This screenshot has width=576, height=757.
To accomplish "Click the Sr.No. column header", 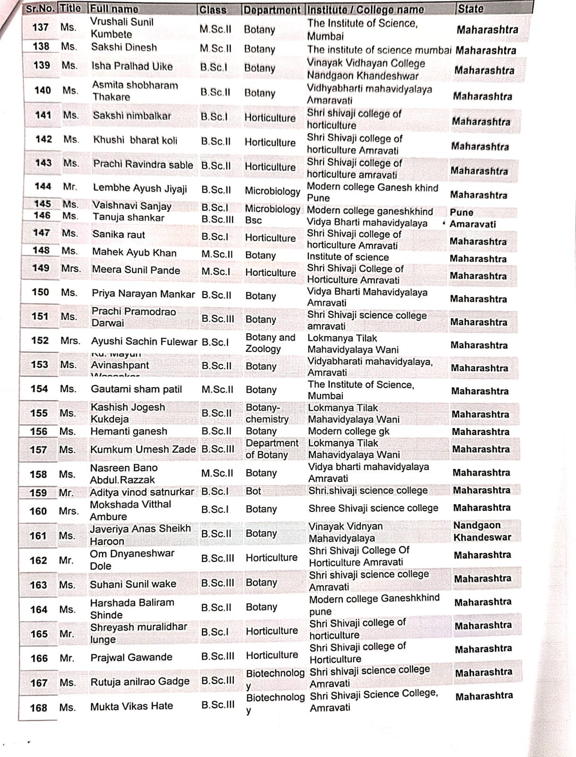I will click(x=40, y=9).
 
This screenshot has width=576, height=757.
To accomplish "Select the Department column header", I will click(x=271, y=9).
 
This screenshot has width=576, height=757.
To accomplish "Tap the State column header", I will click(x=471, y=9).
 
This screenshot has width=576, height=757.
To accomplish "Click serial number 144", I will click(x=43, y=187).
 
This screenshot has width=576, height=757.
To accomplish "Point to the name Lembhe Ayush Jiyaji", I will click(x=140, y=188).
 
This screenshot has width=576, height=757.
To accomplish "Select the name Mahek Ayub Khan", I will click(x=134, y=252).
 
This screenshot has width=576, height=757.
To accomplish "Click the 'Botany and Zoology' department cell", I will click(x=270, y=343).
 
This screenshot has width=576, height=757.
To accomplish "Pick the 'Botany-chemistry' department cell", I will click(x=267, y=413).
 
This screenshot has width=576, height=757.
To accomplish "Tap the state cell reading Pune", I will click(x=461, y=213).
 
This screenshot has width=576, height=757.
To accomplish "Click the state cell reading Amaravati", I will click(x=472, y=224).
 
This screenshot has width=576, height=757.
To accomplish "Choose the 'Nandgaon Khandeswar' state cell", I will click(x=482, y=531).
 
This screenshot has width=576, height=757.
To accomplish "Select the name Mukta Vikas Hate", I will click(x=131, y=706).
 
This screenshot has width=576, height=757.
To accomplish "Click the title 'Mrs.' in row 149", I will click(x=71, y=268).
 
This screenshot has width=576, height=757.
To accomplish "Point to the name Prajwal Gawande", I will click(x=131, y=657).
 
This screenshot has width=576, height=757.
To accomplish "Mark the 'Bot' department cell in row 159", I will click(x=253, y=491).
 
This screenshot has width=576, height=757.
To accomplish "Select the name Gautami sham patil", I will click(x=136, y=389).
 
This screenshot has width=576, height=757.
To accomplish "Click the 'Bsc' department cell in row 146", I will click(x=253, y=220).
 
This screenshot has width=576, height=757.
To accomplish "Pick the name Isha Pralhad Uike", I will click(x=132, y=66).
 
